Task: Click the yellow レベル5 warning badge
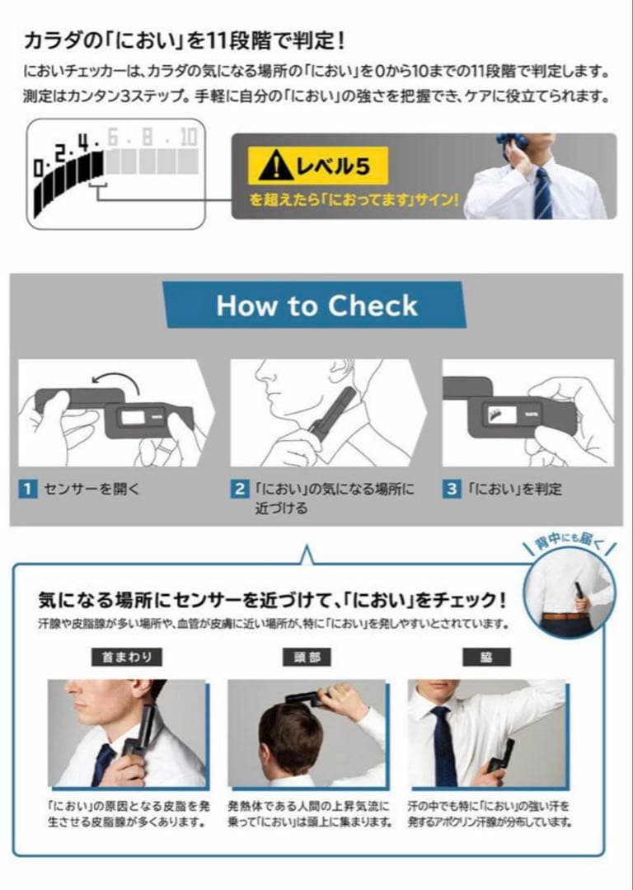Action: [318, 166]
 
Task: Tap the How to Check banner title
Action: [316, 305]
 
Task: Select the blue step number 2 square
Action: [240, 489]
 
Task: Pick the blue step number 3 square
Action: [452, 489]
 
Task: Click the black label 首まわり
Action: [127, 657]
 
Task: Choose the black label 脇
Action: [487, 657]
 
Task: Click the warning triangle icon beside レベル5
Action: [275, 166]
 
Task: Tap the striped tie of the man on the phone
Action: [542, 194]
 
